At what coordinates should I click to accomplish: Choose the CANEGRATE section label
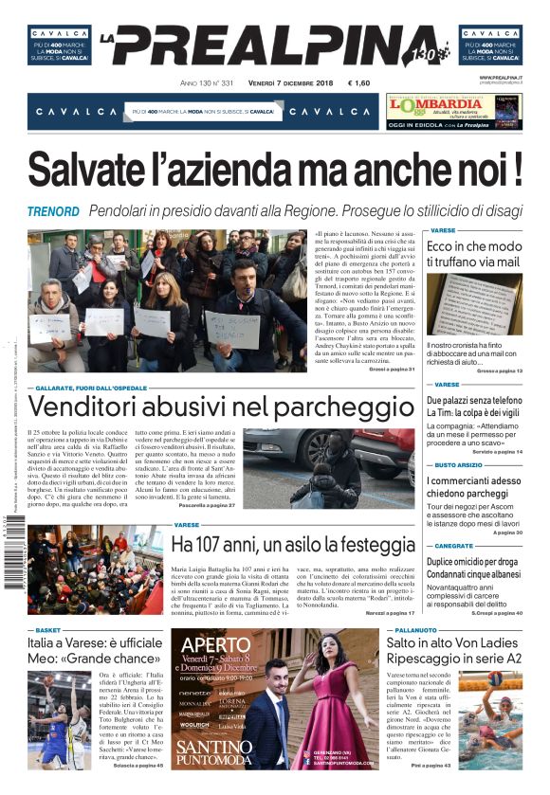click(x=453, y=546)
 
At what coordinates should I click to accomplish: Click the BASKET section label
click(x=47, y=629)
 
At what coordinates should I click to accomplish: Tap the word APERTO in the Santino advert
click(x=216, y=646)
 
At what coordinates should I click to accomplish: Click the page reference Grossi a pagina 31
click(x=391, y=369)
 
